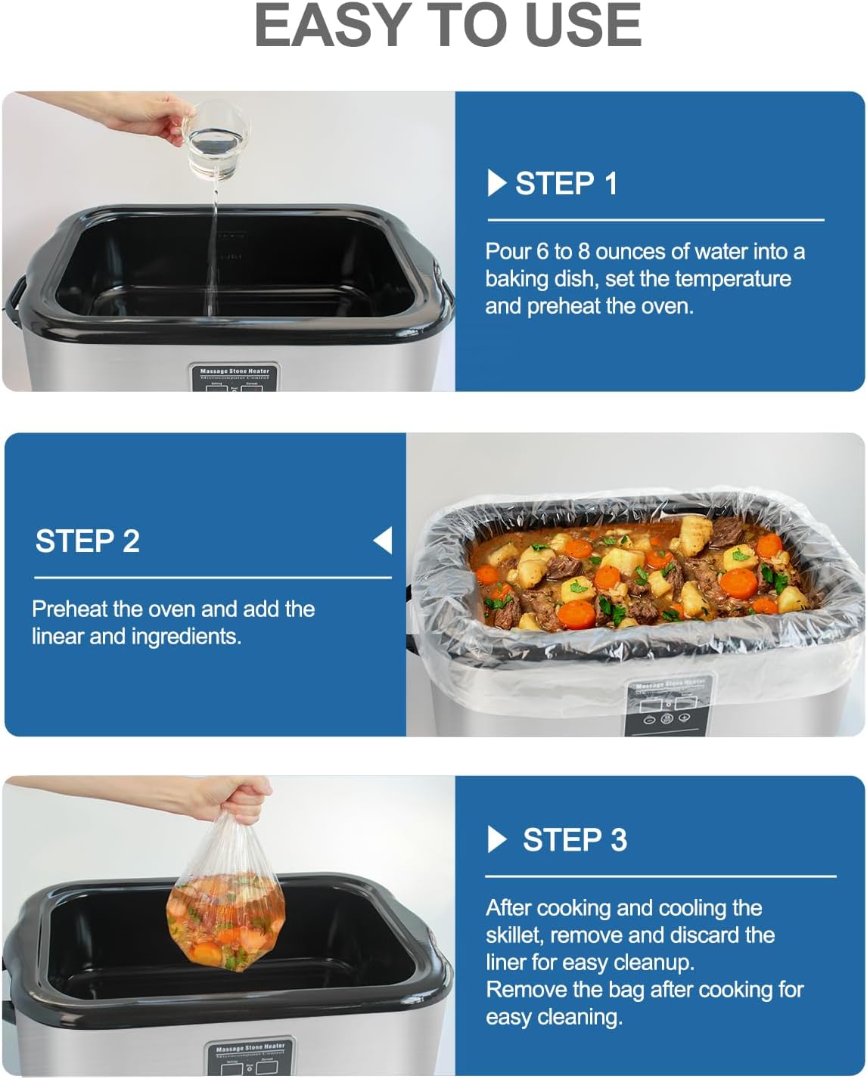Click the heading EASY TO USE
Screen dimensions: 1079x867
tap(448, 26)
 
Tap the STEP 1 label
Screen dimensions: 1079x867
tap(566, 184)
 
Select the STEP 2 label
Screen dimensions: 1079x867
tap(88, 541)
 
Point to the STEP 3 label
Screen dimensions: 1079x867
tap(575, 840)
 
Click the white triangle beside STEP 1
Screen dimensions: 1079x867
tap(496, 183)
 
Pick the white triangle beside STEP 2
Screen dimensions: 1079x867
tap(383, 541)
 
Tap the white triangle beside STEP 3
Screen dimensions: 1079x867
tap(496, 839)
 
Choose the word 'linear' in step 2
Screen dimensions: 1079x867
tap(58, 637)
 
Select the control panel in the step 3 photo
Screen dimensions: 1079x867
tap(249, 1058)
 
